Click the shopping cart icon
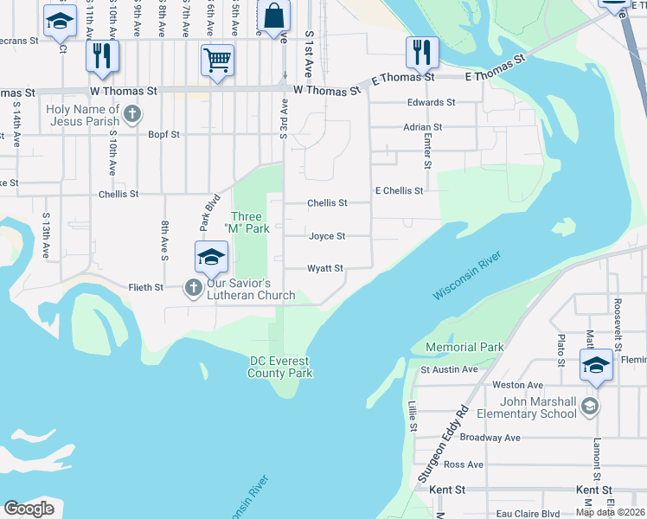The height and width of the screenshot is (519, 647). [217, 61]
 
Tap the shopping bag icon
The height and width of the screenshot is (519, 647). [274, 16]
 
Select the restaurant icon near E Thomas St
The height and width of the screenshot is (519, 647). [422, 52]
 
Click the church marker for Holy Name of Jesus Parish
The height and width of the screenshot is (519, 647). [131, 112]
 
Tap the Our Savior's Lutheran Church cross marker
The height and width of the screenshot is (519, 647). [192, 286]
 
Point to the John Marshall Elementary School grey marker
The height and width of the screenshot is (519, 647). [589, 406]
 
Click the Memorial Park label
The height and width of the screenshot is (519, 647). [464, 348]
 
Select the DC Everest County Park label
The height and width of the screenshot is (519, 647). [279, 367]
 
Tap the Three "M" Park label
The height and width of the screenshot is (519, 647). [248, 222]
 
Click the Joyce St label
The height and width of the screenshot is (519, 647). [327, 236]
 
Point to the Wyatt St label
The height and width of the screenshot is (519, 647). [326, 269]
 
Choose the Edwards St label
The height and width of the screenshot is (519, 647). [432, 102]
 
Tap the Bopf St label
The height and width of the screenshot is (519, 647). [163, 135]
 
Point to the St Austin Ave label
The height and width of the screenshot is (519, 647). [449, 369]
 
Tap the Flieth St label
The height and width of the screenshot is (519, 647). [146, 287]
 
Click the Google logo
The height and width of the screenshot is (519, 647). [29, 509]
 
